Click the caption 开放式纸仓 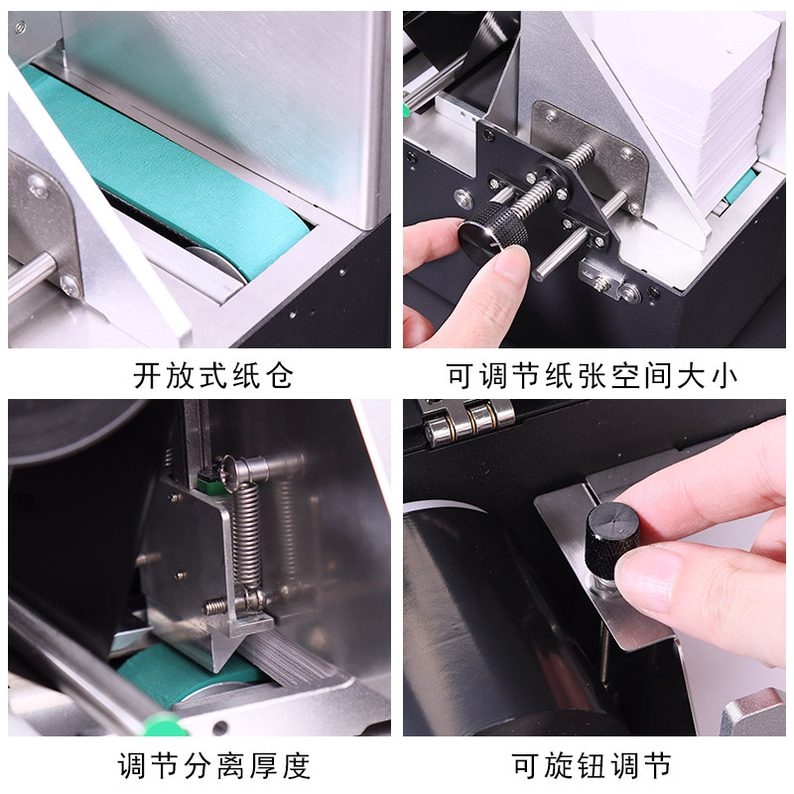tap(213, 375)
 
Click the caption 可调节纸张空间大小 tap(592, 375)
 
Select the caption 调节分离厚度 tap(213, 765)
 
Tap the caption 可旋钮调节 tap(592, 765)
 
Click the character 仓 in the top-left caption tap(279, 375)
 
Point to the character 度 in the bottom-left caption tap(296, 765)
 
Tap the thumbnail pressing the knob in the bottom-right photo tap(647, 577)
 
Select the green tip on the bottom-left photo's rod tap(163, 725)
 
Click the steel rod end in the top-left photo tap(31, 275)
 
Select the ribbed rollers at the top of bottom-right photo tap(468, 421)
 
